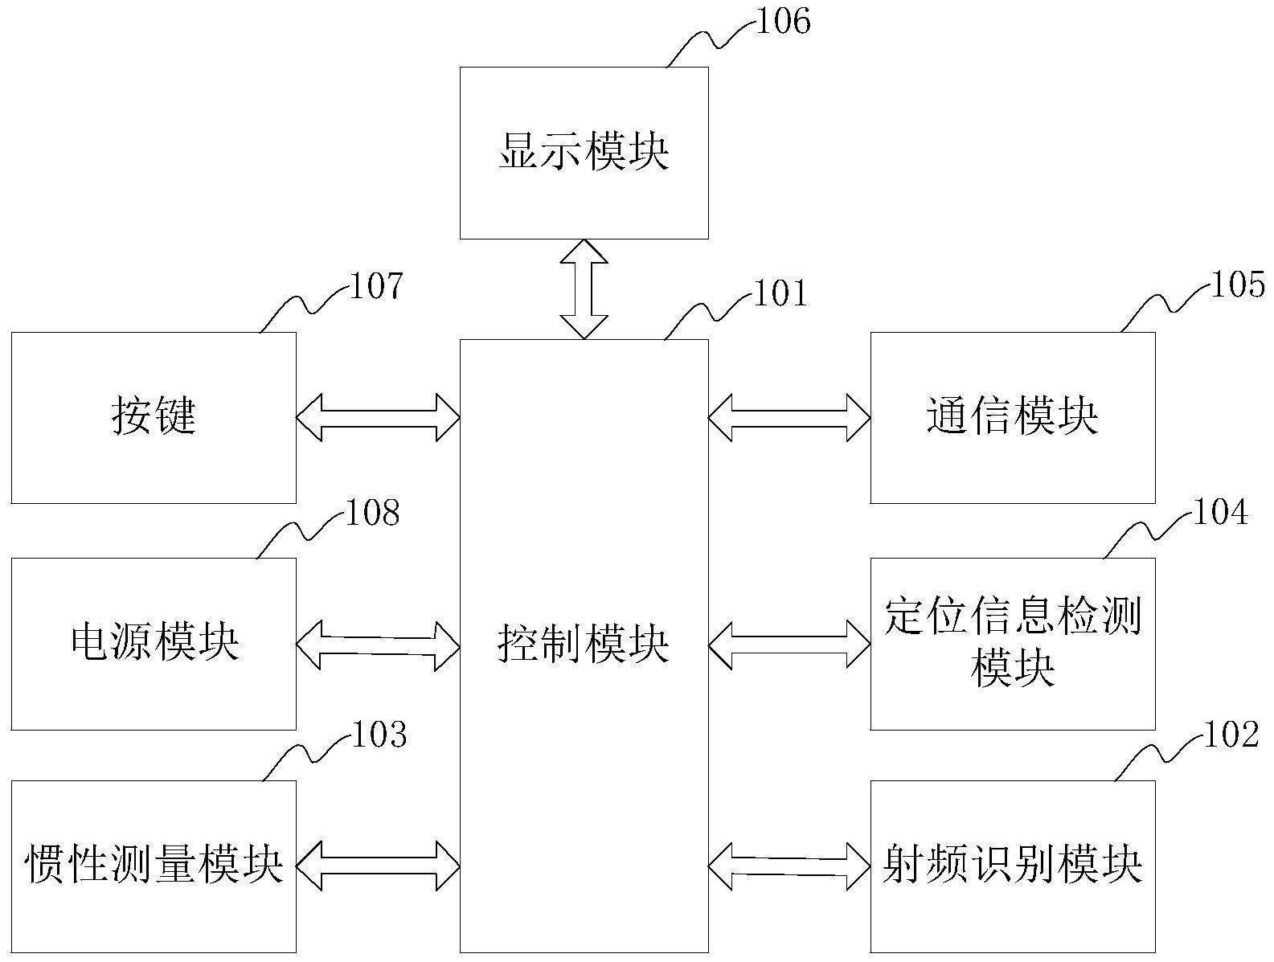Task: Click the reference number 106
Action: coord(783,22)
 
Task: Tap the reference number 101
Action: coord(780,294)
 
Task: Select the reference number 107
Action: coord(375,286)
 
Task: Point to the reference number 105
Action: coord(1237,285)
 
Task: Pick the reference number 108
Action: coord(372,513)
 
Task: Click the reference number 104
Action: coord(1220,512)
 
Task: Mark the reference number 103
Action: coord(379,735)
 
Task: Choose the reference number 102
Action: coord(1230,735)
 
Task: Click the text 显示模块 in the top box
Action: coord(584,152)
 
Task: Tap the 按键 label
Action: coord(154,417)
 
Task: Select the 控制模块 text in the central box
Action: coord(584,645)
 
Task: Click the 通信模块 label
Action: coord(1012,417)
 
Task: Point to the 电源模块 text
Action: coord(154,643)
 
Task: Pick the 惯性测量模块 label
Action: coord(154,866)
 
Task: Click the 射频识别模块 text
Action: coord(1012,866)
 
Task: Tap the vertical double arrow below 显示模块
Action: coord(584,289)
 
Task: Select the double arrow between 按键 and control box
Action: coord(378,417)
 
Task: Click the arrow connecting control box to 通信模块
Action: coord(789,417)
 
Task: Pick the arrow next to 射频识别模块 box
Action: coord(789,866)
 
